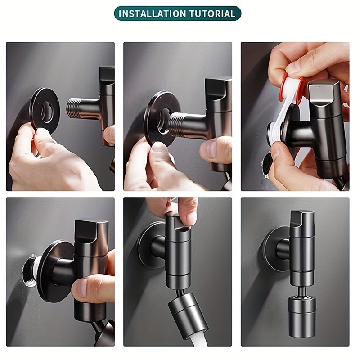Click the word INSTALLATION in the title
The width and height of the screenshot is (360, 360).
click(153, 13)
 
